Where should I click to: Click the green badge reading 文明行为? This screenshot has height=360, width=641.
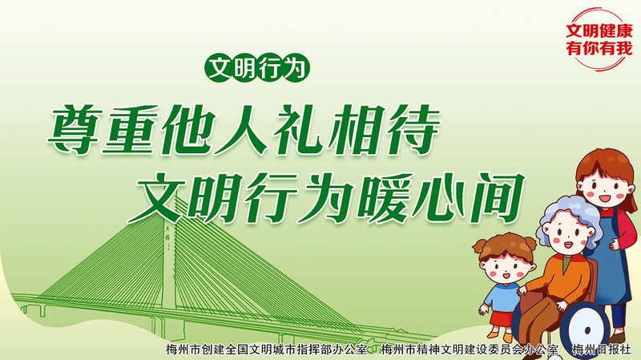(x=256, y=68)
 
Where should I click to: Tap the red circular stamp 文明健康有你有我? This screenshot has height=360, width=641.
(x=599, y=39)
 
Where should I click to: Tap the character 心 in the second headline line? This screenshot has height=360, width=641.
(x=441, y=198)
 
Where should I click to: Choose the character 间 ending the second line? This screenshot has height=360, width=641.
(x=498, y=197)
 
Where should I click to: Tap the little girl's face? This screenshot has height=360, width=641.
(x=506, y=268)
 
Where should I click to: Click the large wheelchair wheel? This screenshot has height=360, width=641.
(x=586, y=330)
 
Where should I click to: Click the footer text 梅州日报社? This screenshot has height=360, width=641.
(x=602, y=350)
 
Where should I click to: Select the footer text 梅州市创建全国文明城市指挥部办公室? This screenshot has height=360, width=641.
(x=266, y=350)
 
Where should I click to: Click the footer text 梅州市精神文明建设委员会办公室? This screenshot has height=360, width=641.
(x=470, y=350)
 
